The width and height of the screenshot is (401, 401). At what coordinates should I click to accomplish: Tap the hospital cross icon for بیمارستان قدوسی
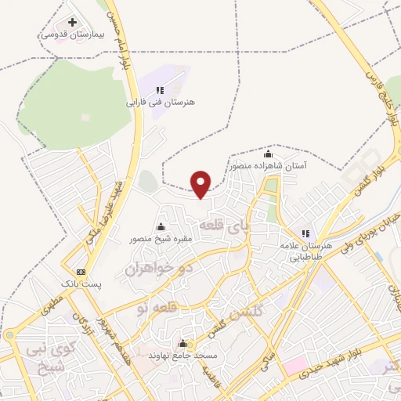point(73,23)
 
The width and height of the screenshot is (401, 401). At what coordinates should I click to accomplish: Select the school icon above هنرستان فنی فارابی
point(161,90)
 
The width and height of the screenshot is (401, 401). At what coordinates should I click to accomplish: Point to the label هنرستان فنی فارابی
point(161,103)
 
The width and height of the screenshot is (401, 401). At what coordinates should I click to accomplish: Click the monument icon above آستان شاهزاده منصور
point(269,154)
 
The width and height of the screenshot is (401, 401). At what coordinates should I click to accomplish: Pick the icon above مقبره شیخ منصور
point(162,226)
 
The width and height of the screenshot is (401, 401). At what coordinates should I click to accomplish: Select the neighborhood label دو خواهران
point(158,268)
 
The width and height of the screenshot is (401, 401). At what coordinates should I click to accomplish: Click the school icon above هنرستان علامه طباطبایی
point(305,233)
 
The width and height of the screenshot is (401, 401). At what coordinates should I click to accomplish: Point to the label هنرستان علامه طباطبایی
point(307,251)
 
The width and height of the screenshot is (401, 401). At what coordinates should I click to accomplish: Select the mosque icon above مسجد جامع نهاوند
point(183,343)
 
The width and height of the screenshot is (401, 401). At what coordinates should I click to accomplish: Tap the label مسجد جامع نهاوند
point(182,356)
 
